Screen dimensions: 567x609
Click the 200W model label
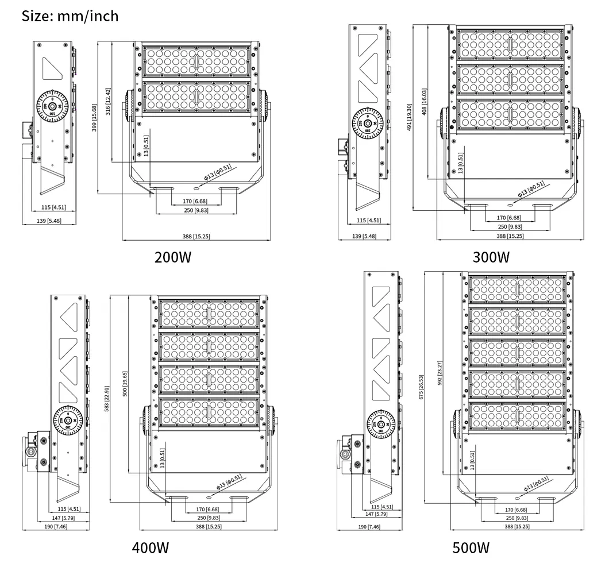click(x=172, y=257)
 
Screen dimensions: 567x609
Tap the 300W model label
click(x=491, y=256)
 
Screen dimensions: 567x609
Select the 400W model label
click(x=151, y=547)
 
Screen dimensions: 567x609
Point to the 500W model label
click(x=471, y=547)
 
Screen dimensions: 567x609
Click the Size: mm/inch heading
click(x=70, y=16)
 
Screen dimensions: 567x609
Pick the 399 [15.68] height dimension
click(x=95, y=118)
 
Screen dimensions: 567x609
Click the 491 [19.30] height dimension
click(x=410, y=118)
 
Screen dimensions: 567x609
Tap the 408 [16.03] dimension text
click(x=424, y=103)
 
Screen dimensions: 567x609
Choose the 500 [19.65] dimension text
click(x=124, y=383)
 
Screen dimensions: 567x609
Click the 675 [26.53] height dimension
click(x=421, y=388)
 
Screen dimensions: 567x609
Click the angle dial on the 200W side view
click(x=53, y=107)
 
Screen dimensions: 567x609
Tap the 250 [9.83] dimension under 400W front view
click(x=208, y=518)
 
